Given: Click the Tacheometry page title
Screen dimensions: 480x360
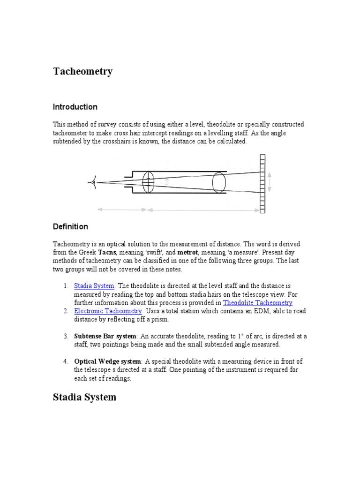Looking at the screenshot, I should coord(82,71).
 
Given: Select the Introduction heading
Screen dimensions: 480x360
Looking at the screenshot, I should coord(75,107).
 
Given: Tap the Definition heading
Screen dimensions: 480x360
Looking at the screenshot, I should coord(70,227).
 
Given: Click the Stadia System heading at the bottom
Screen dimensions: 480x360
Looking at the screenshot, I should coord(84,397).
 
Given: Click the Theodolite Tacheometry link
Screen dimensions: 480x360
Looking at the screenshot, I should coord(257,303).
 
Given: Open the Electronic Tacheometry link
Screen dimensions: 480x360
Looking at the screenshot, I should coord(108,311).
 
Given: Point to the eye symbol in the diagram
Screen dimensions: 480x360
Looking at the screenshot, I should coord(93,182).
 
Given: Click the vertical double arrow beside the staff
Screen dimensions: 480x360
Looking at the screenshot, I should coord(270,182).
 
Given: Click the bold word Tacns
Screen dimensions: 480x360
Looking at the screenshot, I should coord(107,252).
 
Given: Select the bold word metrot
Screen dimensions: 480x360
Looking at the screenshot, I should coord(187,252).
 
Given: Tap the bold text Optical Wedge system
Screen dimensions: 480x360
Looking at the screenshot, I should coord(107,361).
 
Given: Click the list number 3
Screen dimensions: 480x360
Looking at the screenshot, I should coord(66,336).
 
